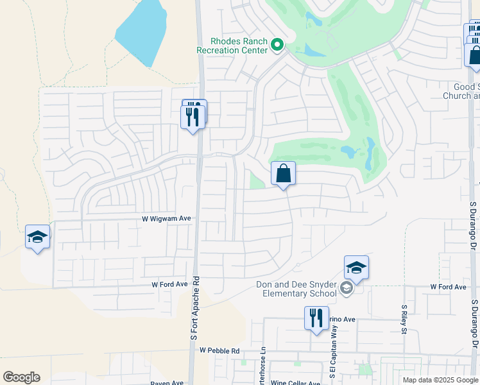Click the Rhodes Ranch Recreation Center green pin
[x=277, y=45]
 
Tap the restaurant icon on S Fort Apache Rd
[x=193, y=116]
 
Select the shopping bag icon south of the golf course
[x=283, y=173]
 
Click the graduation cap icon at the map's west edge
[x=37, y=237]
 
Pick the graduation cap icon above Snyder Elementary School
[x=356, y=268]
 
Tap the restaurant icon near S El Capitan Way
[x=316, y=318]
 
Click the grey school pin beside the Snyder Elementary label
[x=347, y=287]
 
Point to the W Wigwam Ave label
[x=167, y=219]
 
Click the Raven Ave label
[x=167, y=383]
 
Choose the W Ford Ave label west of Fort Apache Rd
[x=169, y=284]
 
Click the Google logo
[x=21, y=377]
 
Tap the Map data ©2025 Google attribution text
[x=441, y=380]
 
